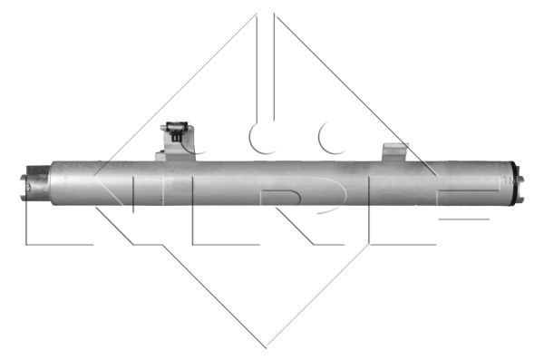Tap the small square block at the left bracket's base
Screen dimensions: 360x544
161,156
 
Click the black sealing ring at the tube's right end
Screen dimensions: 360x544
514,182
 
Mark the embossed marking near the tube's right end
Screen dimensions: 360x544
504,180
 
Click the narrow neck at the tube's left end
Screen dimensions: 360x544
41,182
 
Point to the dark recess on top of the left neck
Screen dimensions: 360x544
38,170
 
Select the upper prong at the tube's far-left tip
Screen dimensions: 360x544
24,171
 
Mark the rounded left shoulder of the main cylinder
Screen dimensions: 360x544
54,182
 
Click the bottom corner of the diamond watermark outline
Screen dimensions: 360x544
266,345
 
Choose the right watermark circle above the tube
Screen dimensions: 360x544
335,139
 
